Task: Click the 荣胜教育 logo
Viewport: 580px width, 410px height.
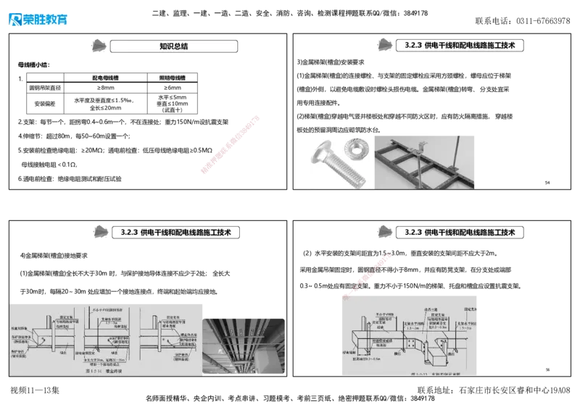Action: (x=38, y=18)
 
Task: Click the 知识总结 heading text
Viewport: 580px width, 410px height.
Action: (x=174, y=46)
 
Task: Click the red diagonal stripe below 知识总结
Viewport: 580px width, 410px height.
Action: (x=229, y=144)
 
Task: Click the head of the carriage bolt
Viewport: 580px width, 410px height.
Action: (x=321, y=154)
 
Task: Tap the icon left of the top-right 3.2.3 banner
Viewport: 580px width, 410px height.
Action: (x=386, y=46)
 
